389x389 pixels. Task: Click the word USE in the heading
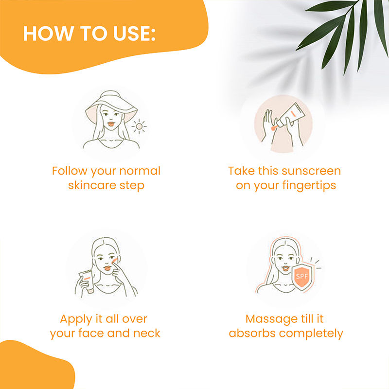(134, 34)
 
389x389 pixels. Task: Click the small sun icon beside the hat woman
(139, 126)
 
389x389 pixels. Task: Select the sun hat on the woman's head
(111, 106)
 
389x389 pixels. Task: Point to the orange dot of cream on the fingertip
(273, 128)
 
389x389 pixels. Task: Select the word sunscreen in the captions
(311, 171)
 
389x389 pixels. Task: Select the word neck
(147, 333)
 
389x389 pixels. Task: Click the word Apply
(76, 319)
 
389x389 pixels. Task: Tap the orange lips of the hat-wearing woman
(111, 124)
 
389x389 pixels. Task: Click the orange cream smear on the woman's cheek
(114, 261)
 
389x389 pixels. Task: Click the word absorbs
(252, 333)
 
